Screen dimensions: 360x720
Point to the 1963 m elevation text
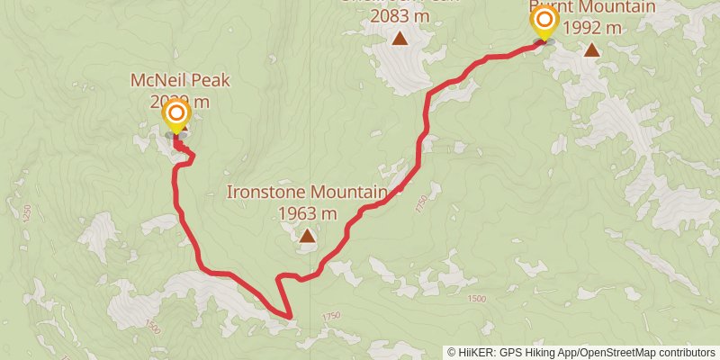[308, 213]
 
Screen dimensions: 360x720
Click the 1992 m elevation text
[591, 27]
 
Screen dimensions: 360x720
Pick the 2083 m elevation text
[400, 16]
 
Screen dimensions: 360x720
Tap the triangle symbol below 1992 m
[591, 49]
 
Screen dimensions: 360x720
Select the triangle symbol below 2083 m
[400, 38]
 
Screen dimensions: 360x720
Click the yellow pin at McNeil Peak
[176, 114]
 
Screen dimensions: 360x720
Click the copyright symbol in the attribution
[452, 352]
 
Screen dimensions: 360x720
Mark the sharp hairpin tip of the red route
[290, 317]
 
